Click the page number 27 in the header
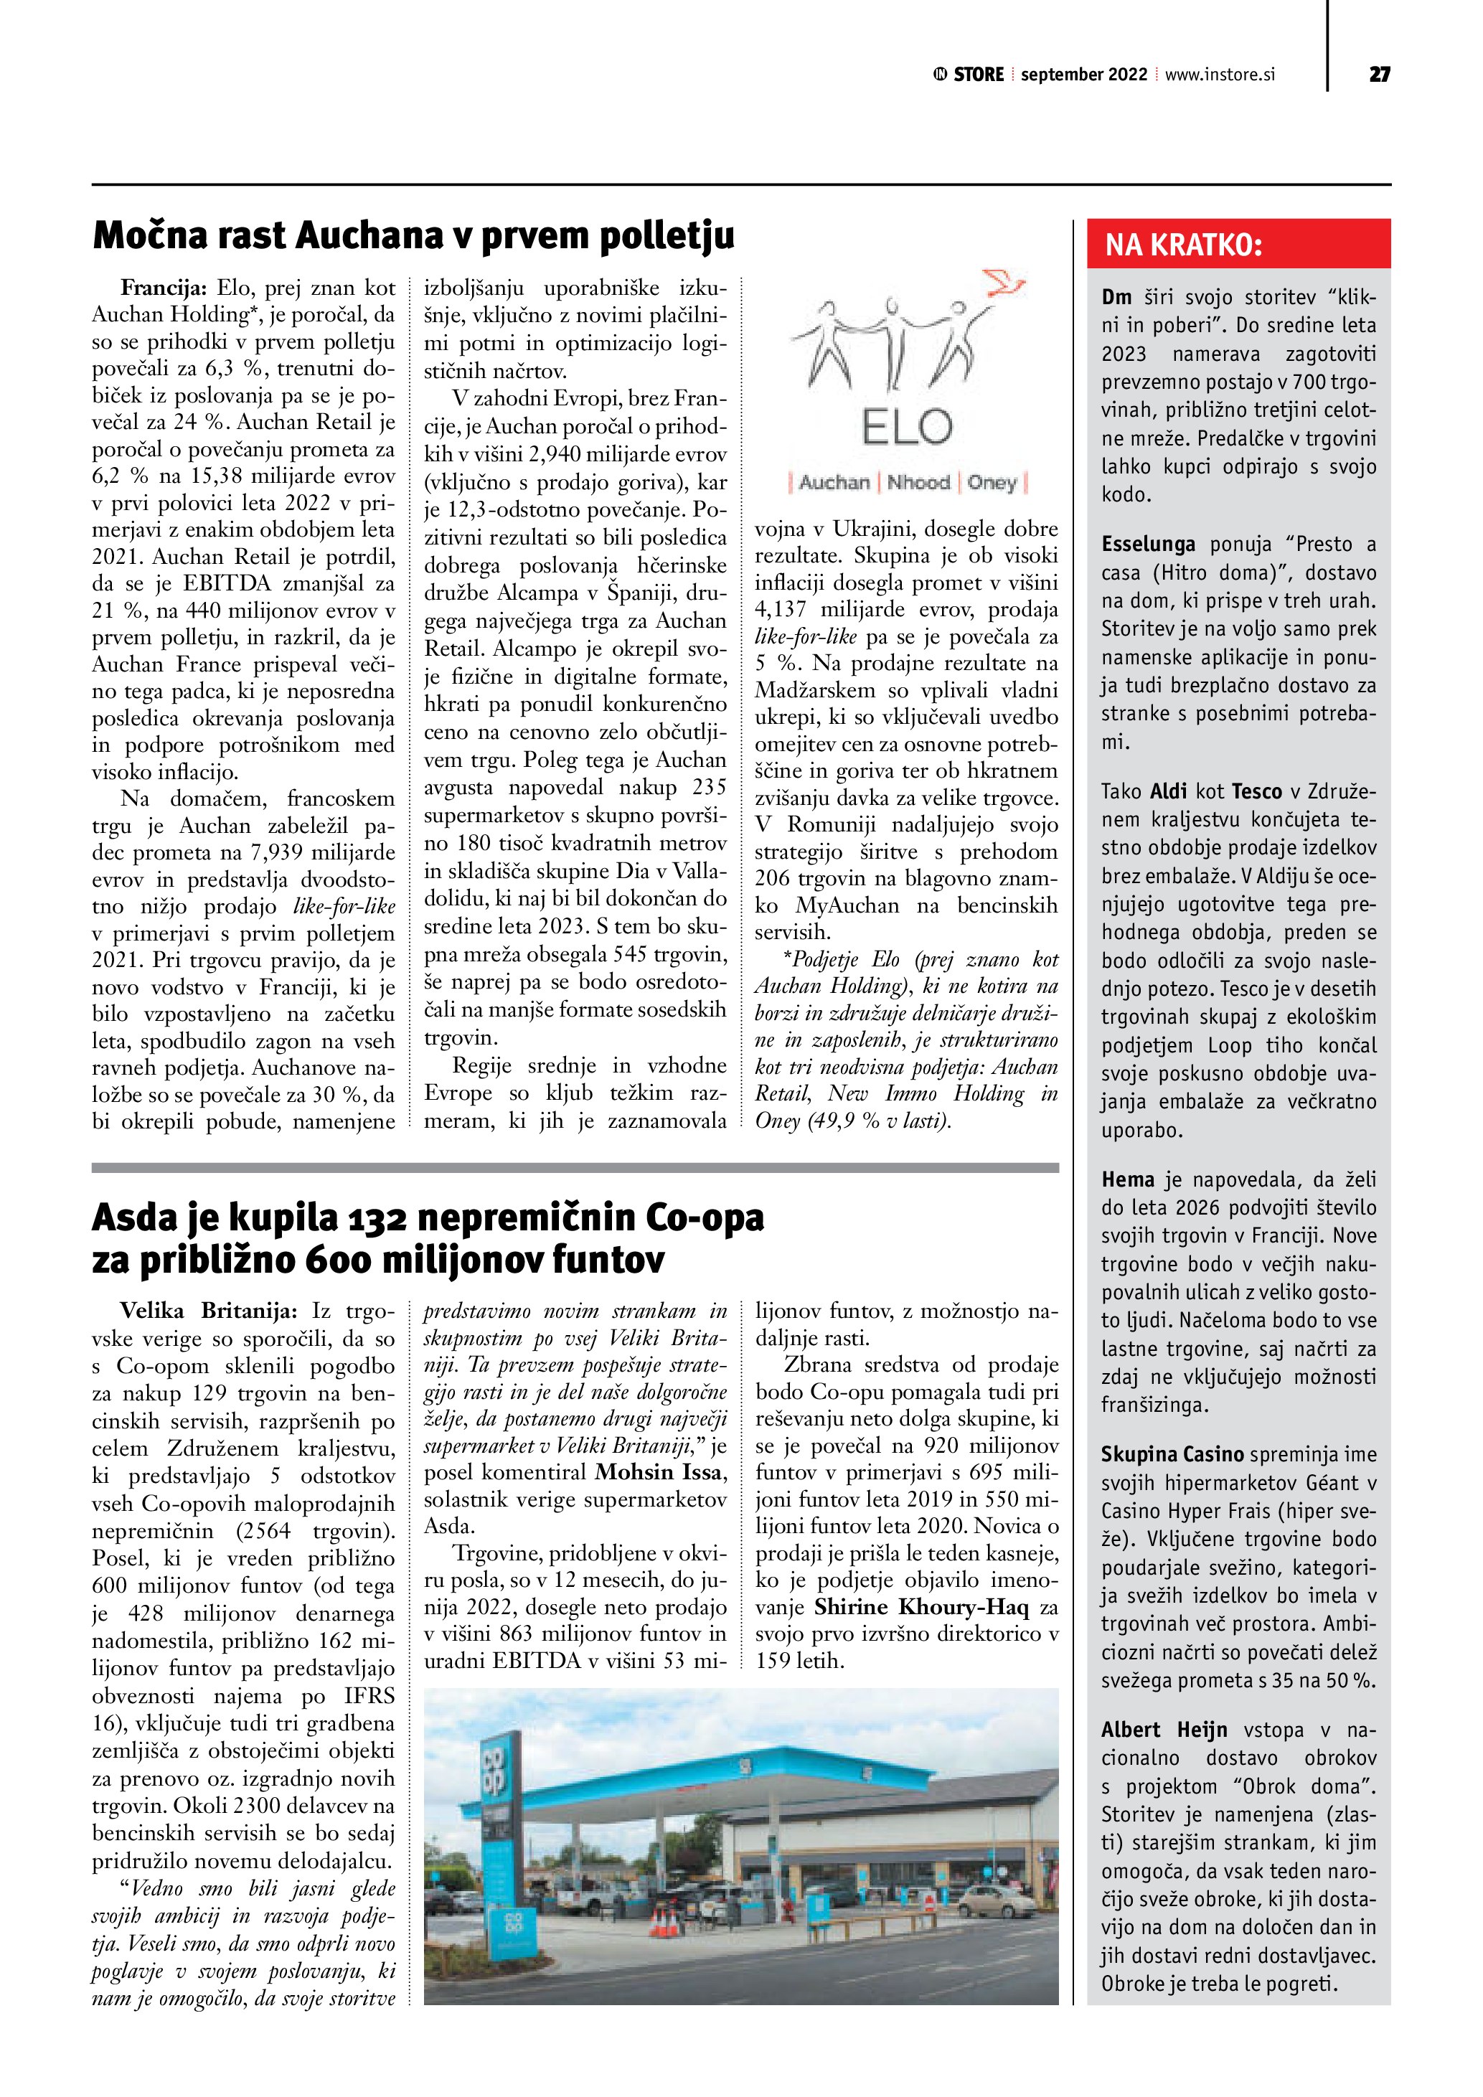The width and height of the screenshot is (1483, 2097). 1379,75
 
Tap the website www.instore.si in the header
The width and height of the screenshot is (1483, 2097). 1219,75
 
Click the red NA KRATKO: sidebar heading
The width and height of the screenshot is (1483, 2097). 1184,245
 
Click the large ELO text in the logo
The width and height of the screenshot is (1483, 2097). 906,427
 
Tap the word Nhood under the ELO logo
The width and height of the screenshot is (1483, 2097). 918,482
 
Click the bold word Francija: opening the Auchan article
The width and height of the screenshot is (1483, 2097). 165,288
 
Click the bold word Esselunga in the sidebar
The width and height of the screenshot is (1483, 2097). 1148,545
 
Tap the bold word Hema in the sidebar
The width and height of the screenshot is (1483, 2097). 1128,1179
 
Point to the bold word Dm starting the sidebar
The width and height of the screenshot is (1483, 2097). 1116,298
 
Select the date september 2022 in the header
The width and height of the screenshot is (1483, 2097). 1083,75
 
